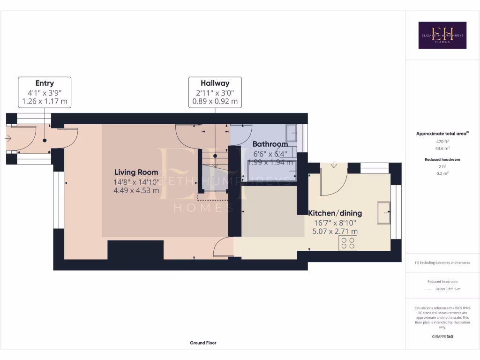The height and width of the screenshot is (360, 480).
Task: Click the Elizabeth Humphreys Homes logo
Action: [x=442, y=35]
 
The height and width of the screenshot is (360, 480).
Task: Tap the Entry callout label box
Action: [x=45, y=92]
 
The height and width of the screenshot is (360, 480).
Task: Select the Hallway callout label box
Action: [x=215, y=92]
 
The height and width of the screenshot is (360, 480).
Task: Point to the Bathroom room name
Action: [x=270, y=144]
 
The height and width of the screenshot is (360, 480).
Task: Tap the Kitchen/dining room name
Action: [x=335, y=213]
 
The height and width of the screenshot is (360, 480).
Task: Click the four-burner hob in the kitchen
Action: [x=348, y=243]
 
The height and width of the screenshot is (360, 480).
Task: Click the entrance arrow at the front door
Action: [x=9, y=138]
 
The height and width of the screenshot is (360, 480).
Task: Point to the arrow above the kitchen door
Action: [x=333, y=165]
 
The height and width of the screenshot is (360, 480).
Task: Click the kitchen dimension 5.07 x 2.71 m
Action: [x=335, y=231]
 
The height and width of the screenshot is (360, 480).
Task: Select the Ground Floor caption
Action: [x=203, y=343]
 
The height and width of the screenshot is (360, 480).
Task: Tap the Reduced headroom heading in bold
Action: [x=442, y=159]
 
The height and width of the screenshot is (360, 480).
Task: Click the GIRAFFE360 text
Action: [x=442, y=337]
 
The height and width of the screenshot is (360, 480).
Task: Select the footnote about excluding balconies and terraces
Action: [x=442, y=262]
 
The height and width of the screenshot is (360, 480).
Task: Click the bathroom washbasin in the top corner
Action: [x=291, y=132]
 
